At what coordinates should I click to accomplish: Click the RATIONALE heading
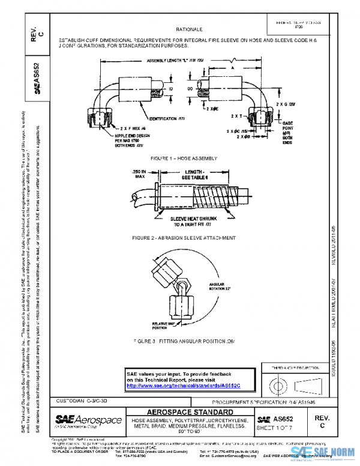[x=189, y=29]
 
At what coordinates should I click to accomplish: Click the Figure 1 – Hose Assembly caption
[x=184, y=158]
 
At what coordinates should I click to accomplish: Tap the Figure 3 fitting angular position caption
[x=184, y=341]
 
